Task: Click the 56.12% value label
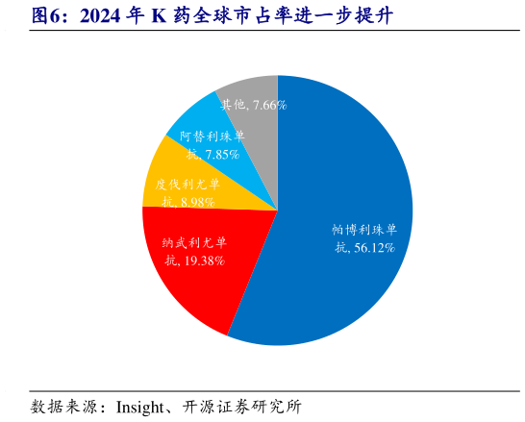(375, 248)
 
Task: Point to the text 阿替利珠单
(212, 137)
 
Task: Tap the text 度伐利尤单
(187, 184)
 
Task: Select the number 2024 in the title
(102, 16)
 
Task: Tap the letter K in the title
(158, 16)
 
